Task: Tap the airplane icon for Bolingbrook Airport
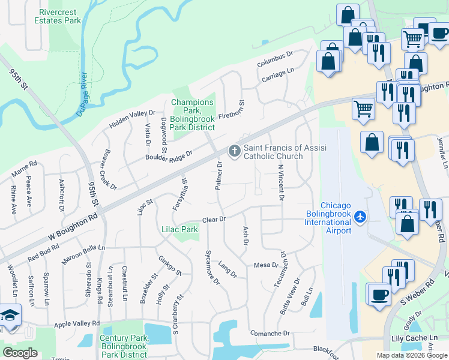click(x=360, y=216)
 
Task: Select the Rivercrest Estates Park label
click(x=59, y=16)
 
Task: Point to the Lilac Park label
click(x=179, y=229)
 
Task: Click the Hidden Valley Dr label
click(x=132, y=119)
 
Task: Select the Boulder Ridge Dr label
click(x=168, y=155)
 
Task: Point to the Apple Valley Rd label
click(x=77, y=323)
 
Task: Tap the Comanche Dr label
click(x=270, y=333)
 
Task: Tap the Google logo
click(x=20, y=353)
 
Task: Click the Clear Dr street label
click(x=213, y=220)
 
